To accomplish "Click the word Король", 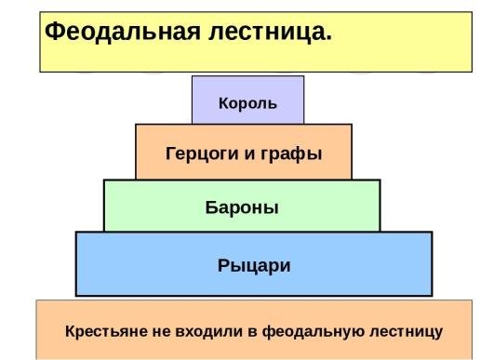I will (x=247, y=102).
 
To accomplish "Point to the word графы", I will (x=296, y=153).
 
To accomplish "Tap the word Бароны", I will (x=242, y=207).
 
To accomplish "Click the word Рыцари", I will (x=254, y=266).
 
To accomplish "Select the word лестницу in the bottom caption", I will (x=402, y=330).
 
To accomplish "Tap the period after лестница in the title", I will (x=328, y=37).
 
